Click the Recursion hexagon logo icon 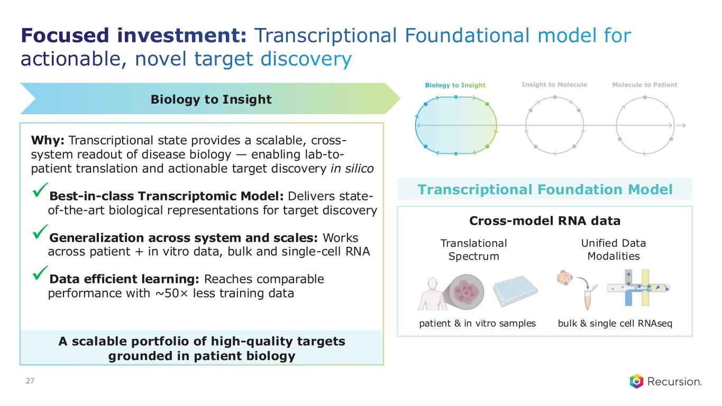pos(636,381)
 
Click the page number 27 pos(30,381)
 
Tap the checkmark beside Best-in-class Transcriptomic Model pos(40,190)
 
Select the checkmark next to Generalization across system pos(40,232)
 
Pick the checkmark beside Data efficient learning pos(40,273)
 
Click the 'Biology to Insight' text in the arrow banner pos(211,99)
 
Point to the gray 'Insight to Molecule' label pos(554,85)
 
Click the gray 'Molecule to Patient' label pos(645,85)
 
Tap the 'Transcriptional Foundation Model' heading pos(545,189)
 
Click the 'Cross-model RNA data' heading pos(545,221)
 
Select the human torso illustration pos(433,294)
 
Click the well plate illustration pos(515,291)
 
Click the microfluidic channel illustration pos(638,288)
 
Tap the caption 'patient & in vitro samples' pos(477,323)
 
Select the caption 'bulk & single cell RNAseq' pos(615,323)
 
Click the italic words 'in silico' pos(352,169)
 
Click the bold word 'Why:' pos(48,141)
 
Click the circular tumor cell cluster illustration pos(466,292)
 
